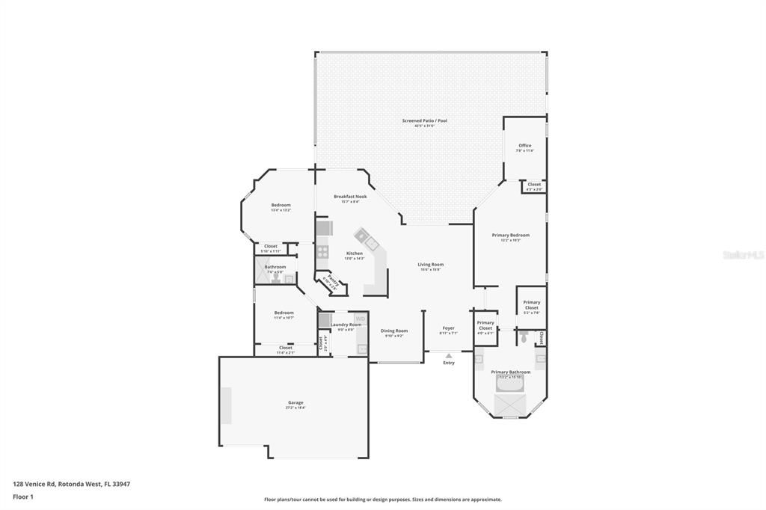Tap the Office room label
click(524, 146)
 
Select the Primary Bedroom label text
click(510, 235)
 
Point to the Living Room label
click(430, 264)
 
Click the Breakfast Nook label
click(350, 196)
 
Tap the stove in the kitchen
click(322, 252)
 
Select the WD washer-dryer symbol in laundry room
click(361, 319)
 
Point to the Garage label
click(295, 402)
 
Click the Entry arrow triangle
click(448, 355)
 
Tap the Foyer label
click(448, 328)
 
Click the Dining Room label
click(394, 331)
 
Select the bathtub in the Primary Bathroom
click(510, 382)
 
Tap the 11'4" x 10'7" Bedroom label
click(284, 313)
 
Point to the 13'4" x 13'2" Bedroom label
click(281, 205)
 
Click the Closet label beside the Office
click(534, 184)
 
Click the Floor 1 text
click(23, 497)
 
